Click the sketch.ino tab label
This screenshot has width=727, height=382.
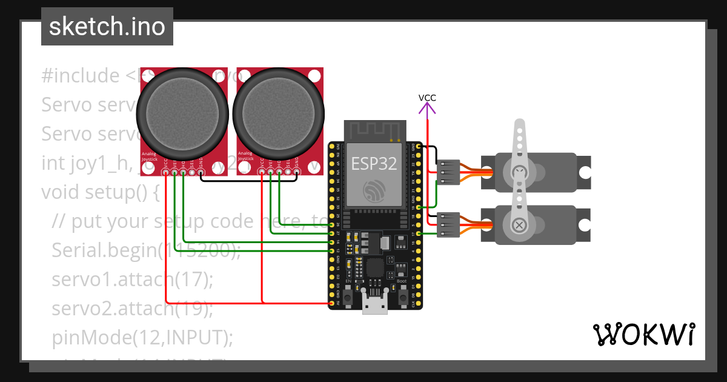(107, 27)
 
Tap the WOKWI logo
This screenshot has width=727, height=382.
(643, 334)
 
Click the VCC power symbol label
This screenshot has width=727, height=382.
(427, 97)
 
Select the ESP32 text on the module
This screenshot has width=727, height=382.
(373, 163)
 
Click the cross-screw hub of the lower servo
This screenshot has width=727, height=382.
(519, 225)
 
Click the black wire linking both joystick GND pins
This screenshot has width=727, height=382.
(248, 180)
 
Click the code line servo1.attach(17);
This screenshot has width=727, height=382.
(132, 280)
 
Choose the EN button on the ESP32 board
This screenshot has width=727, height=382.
(348, 297)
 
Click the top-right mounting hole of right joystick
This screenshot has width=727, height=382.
(314, 76)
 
